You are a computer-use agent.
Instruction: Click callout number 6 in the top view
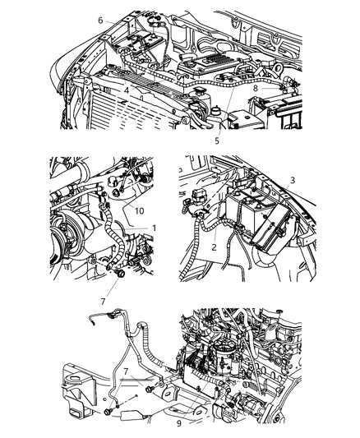pyautogui.click(x=100, y=21)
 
